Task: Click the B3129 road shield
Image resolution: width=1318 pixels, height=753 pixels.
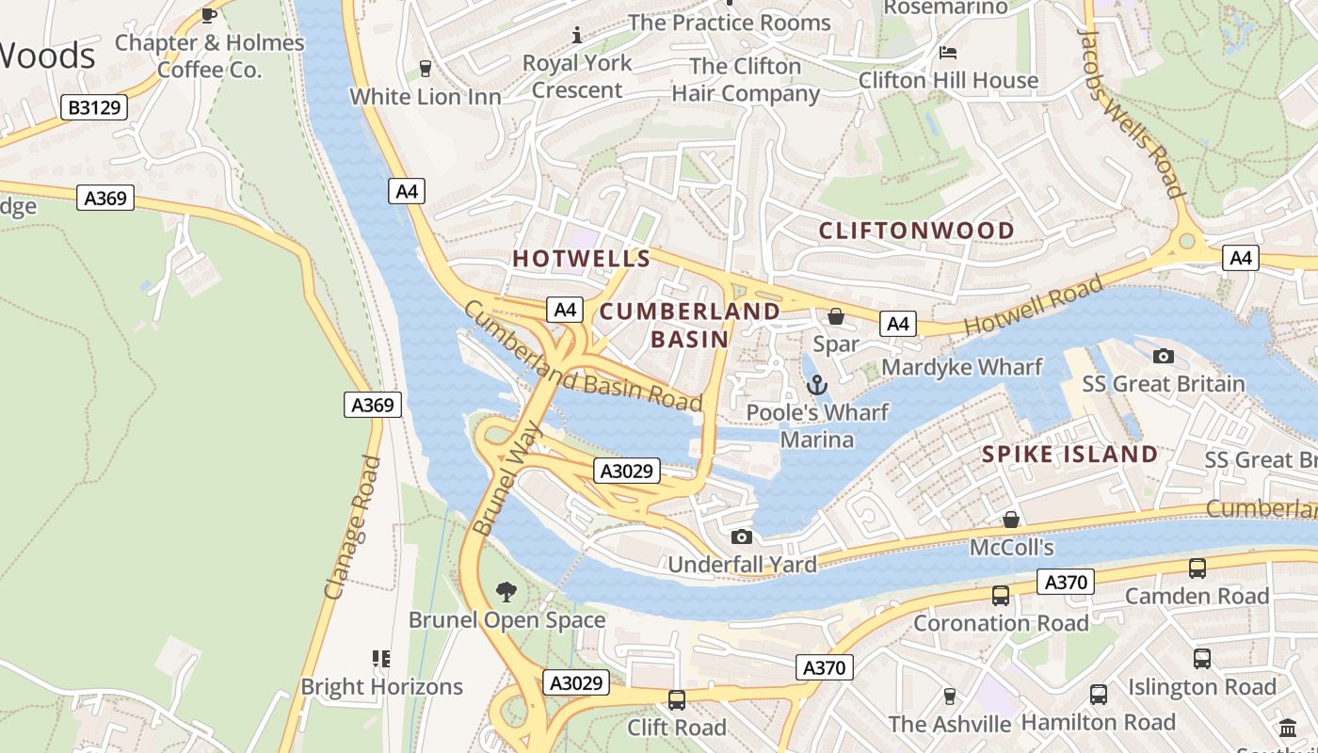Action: pyautogui.click(x=95, y=107)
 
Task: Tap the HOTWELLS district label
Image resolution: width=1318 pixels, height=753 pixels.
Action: pyautogui.click(x=581, y=259)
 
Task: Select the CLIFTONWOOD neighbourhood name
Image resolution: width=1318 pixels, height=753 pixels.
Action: pyautogui.click(x=916, y=231)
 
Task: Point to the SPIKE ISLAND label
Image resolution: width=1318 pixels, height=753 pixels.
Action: pyautogui.click(x=1069, y=455)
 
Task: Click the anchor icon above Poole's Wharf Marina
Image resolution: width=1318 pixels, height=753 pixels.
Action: pyautogui.click(x=817, y=384)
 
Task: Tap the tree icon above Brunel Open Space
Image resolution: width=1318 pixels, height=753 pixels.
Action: pyautogui.click(x=506, y=591)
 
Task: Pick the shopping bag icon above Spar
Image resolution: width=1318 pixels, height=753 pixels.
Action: pyautogui.click(x=835, y=316)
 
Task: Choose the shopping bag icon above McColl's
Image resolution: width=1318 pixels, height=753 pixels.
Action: pyautogui.click(x=1010, y=520)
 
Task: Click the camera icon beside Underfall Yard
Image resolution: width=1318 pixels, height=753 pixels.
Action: pyautogui.click(x=742, y=537)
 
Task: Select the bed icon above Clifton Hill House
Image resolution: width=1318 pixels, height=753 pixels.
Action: pyautogui.click(x=948, y=52)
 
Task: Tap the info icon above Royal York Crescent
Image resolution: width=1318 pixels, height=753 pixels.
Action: pyautogui.click(x=578, y=36)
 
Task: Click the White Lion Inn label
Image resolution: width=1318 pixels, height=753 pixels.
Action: pyautogui.click(x=426, y=96)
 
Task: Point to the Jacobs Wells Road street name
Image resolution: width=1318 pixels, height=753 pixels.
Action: pyautogui.click(x=1129, y=113)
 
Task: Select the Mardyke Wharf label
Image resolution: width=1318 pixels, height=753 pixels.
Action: pyautogui.click(x=961, y=367)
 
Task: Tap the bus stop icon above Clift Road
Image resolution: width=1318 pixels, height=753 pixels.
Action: pyautogui.click(x=676, y=699)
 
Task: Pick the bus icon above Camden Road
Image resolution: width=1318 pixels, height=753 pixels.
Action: pyautogui.click(x=1197, y=568)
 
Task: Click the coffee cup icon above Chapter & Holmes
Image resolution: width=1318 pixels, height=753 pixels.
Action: pyautogui.click(x=209, y=15)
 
